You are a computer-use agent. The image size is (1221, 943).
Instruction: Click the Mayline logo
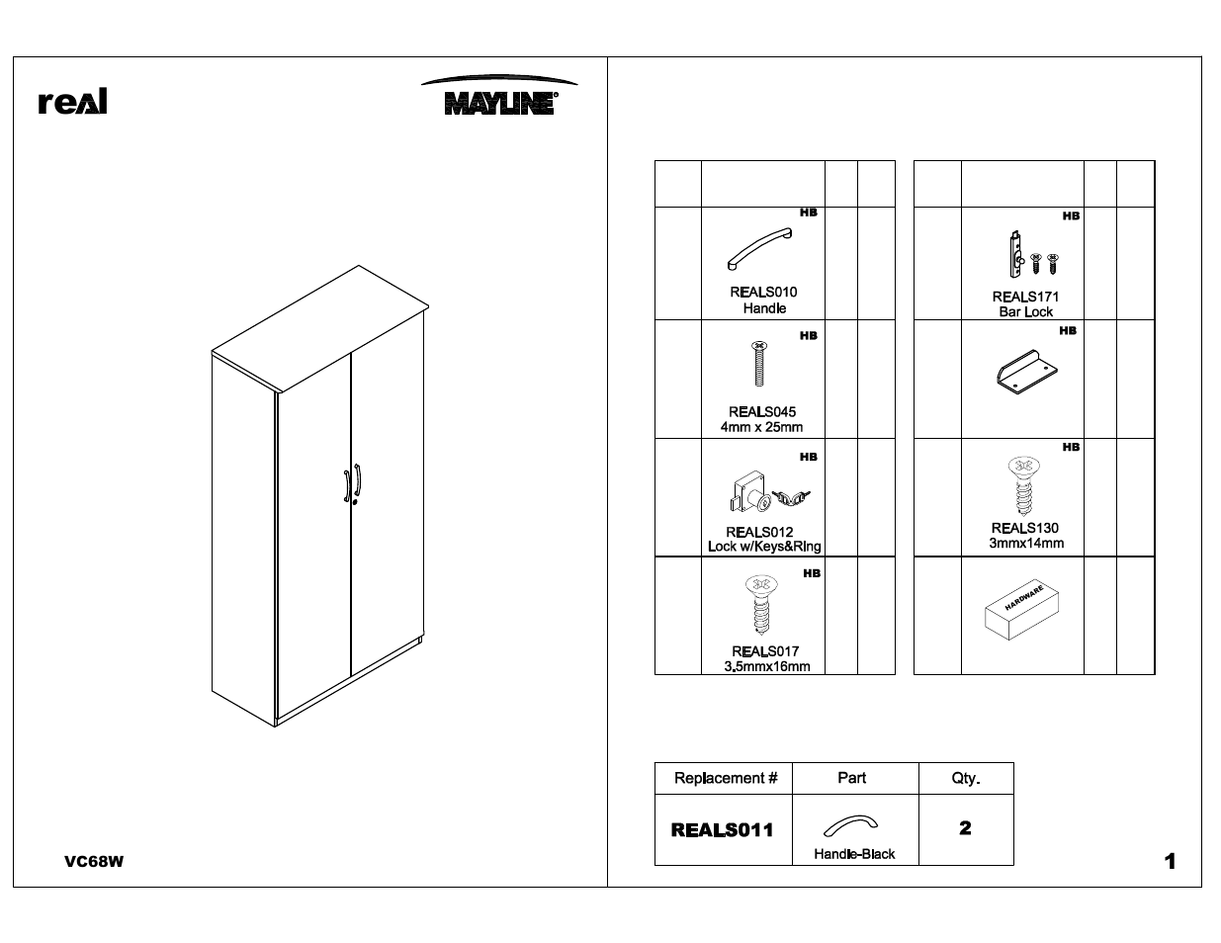coord(498,98)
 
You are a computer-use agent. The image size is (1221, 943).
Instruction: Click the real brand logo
coord(72,102)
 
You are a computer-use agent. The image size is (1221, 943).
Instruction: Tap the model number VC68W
coord(94,861)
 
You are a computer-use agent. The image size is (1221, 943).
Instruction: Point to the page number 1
coord(1170,862)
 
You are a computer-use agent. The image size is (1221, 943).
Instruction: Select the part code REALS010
coord(763,292)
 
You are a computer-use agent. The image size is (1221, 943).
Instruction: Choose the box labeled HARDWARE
coord(1022,611)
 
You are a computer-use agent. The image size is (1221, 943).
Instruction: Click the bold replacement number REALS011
coord(722,829)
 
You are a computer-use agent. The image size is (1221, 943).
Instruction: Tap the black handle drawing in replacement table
coord(851,825)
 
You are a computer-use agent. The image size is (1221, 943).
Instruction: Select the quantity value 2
coord(965,828)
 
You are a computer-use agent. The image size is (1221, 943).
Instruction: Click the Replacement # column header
coord(725,778)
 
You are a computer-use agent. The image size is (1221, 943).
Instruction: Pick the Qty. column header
coord(965,778)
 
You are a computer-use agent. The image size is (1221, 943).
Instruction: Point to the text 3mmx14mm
coord(1026,543)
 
